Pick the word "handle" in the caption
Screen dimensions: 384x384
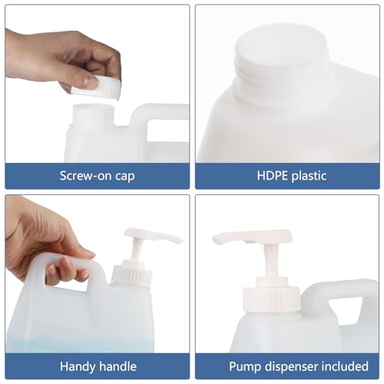[116, 366]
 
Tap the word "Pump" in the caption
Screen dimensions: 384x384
[243, 366]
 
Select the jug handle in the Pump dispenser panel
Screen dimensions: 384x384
[338, 296]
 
